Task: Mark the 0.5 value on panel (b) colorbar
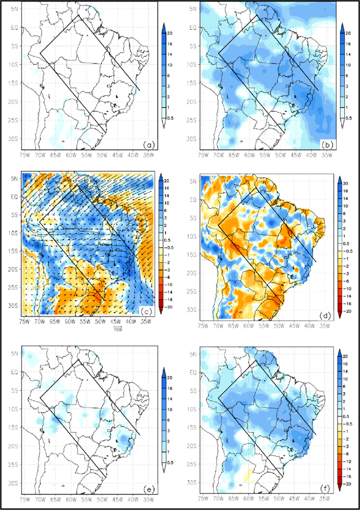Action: (x=349, y=118)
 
